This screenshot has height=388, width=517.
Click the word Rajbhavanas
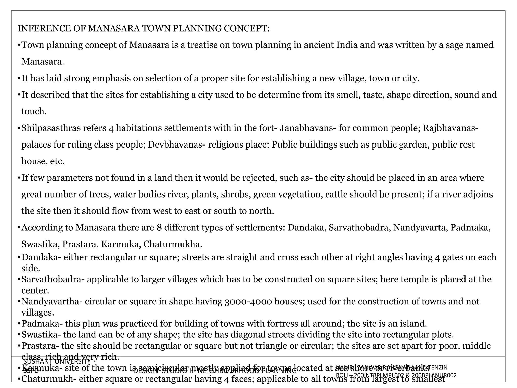tap(450, 128)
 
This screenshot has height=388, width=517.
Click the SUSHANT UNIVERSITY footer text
tap(57, 362)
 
